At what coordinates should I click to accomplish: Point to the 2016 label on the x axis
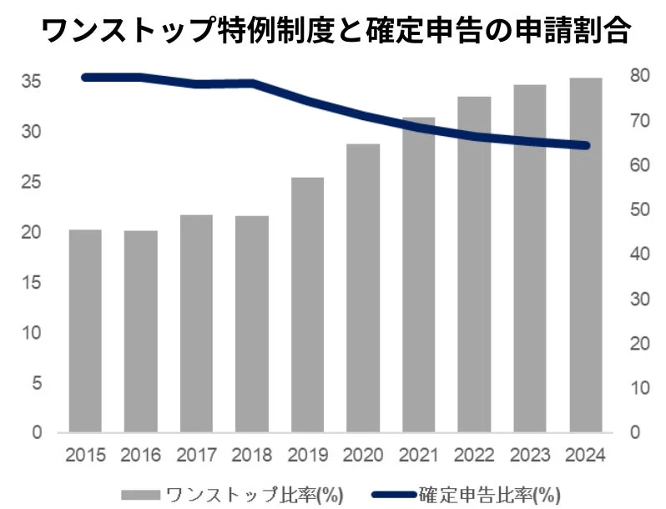[140, 456]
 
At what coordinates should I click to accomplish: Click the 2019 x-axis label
[307, 456]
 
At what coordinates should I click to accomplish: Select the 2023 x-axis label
[529, 456]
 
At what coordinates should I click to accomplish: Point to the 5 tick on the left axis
[37, 383]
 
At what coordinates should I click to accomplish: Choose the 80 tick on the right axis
[637, 76]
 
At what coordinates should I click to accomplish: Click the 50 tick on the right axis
[637, 209]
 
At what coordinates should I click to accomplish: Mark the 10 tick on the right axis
[637, 388]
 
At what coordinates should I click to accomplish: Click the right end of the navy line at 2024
[585, 145]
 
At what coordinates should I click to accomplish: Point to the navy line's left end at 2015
[85, 78]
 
